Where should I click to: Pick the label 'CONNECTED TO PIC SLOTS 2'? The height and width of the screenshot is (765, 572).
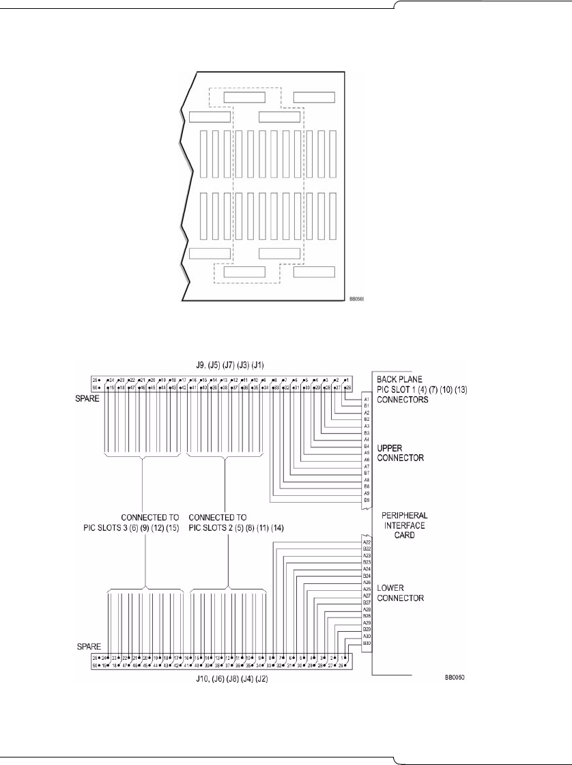tap(227, 523)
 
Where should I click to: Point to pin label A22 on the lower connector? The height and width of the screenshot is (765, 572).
tap(367, 542)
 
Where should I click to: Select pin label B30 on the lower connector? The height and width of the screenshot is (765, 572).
tap(367, 643)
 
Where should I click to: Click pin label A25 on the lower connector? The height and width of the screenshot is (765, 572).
tap(367, 589)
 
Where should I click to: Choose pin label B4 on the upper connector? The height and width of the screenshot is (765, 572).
tap(367, 446)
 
